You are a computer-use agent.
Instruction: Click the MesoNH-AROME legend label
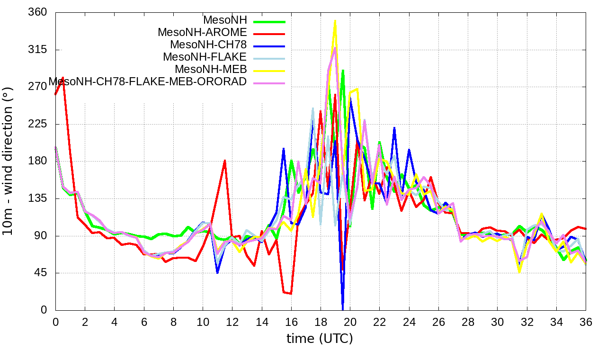(202, 32)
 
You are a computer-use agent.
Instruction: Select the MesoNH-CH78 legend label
(208, 45)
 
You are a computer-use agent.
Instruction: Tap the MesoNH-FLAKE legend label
(205, 57)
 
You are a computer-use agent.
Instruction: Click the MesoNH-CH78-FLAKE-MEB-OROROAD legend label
(148, 81)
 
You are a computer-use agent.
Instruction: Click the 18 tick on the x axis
(321, 322)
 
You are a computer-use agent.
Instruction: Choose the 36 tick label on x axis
(586, 322)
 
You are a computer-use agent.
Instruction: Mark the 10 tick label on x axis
(203, 322)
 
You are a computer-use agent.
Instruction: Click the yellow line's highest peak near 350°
(335, 21)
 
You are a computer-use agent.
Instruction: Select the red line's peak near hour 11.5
(225, 161)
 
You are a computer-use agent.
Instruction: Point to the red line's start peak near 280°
(62, 78)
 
